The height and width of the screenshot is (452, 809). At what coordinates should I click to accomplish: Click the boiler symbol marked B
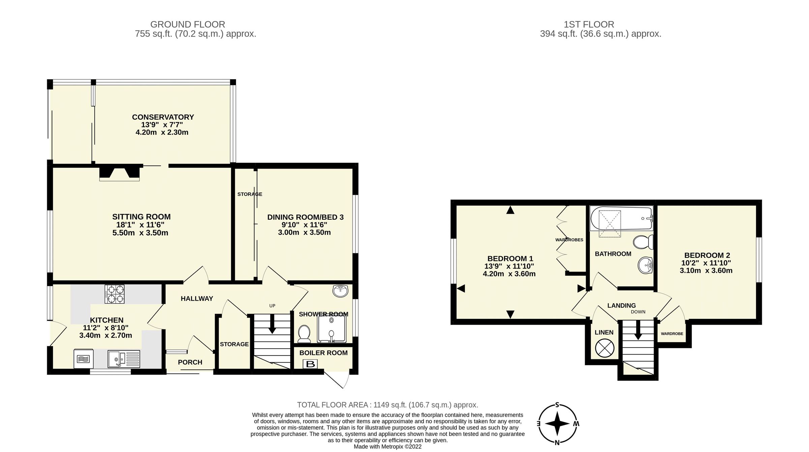[x=310, y=364]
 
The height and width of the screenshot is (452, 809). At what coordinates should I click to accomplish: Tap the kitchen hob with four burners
[x=115, y=294]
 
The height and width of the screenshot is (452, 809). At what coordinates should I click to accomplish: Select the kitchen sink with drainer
[x=124, y=359]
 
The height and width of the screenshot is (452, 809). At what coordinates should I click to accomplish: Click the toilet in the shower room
[x=304, y=333]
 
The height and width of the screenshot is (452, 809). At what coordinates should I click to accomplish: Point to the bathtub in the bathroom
[x=621, y=218]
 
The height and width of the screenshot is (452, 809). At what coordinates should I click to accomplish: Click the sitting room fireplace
[x=119, y=172]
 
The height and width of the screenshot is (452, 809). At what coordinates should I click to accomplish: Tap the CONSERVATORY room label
[x=163, y=117]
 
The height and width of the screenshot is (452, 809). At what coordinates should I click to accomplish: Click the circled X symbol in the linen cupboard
[x=604, y=348]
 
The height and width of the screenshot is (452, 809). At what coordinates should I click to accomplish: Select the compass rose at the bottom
[x=557, y=424]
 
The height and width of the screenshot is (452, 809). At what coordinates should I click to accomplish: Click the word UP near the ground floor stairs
[x=272, y=306]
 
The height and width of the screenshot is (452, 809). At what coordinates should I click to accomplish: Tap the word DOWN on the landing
[x=638, y=312]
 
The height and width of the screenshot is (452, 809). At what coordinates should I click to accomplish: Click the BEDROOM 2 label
[x=707, y=255]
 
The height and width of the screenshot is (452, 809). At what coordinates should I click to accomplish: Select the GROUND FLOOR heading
[x=187, y=24]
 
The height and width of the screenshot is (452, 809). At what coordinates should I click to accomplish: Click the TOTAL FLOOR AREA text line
[x=387, y=405]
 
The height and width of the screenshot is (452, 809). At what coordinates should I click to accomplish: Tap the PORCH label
[x=190, y=362]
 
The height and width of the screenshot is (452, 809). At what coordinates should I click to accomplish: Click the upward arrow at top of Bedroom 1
[x=510, y=210]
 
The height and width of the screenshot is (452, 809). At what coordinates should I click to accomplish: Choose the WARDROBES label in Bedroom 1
[x=569, y=240]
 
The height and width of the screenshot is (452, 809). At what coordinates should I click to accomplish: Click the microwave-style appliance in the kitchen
[x=83, y=359]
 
